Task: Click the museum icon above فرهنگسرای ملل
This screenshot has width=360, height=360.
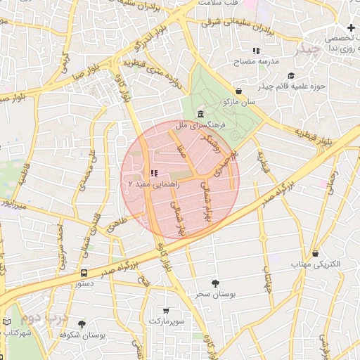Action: tap(201, 114)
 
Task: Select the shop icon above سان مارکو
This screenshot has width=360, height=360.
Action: tap(239, 91)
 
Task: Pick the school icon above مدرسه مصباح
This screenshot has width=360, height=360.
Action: tap(256, 51)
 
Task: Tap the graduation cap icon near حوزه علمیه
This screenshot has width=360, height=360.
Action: tap(290, 75)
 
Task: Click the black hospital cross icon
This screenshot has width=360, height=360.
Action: tap(351, 27)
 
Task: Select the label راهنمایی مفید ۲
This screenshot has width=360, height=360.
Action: tap(154, 184)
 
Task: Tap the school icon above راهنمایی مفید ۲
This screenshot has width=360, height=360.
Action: tap(154, 173)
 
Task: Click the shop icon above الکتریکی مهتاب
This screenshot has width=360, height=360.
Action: tap(315, 253)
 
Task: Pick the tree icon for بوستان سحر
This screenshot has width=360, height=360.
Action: tap(215, 283)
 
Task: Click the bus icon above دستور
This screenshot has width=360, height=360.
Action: tap(84, 273)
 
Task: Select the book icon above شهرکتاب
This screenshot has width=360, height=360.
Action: tap(6, 322)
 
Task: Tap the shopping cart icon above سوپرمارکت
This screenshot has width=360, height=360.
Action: tap(166, 310)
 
